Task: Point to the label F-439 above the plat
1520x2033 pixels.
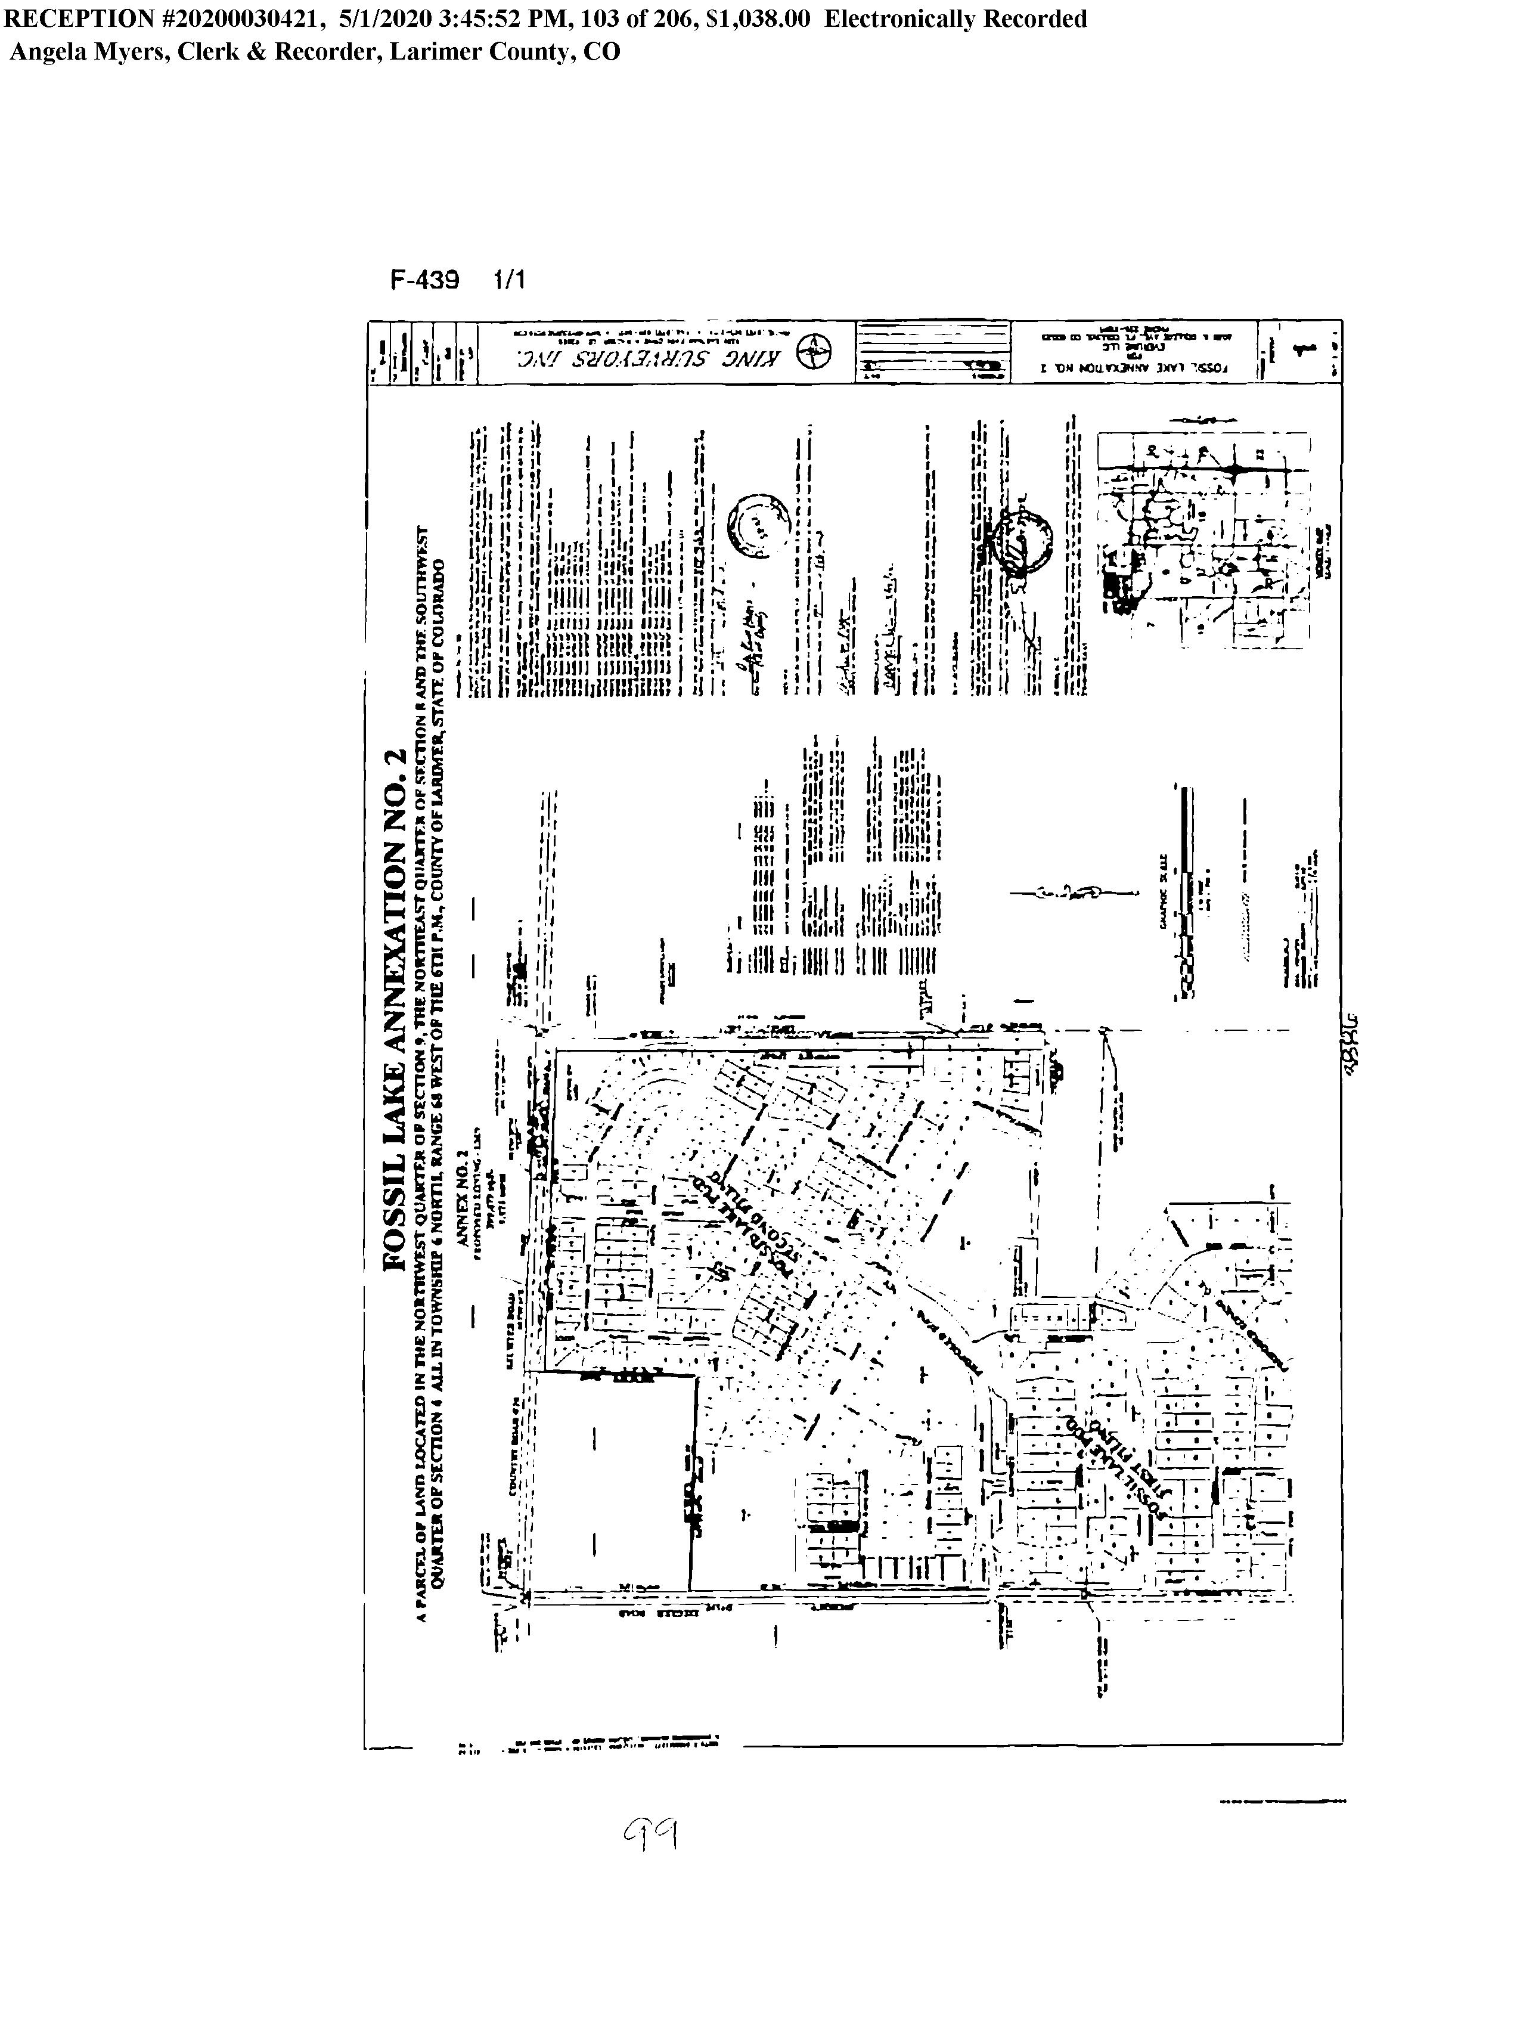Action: (x=424, y=280)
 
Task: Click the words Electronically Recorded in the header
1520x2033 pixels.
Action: (x=955, y=19)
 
